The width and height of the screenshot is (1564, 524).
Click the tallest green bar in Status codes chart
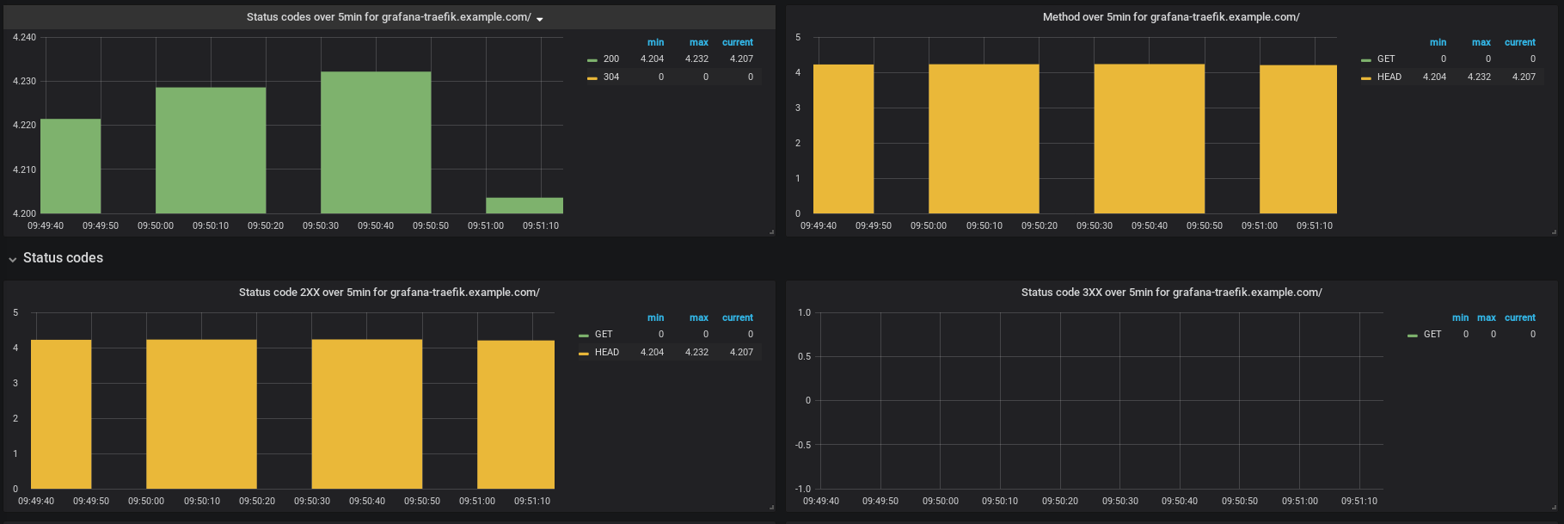(x=376, y=142)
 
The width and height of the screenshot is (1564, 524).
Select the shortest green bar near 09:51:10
(x=524, y=206)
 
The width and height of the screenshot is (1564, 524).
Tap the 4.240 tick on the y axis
(x=24, y=37)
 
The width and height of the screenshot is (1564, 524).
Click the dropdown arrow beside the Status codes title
(x=540, y=19)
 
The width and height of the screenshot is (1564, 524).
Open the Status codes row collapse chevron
(x=12, y=259)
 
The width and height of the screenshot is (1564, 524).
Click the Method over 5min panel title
(x=1171, y=17)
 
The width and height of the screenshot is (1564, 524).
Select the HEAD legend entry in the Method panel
(x=1381, y=77)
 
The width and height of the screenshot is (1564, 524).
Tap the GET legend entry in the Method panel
(x=1378, y=59)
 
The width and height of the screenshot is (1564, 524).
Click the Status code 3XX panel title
(x=1171, y=293)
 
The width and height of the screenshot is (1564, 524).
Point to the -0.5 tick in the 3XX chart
(x=804, y=445)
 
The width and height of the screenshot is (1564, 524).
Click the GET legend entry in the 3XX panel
(x=1425, y=334)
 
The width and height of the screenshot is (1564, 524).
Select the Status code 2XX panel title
(x=389, y=293)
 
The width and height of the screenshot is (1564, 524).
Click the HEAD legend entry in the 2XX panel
(x=598, y=352)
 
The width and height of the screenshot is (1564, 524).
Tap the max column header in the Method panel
(x=1481, y=42)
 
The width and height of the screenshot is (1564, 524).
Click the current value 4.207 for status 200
(x=741, y=59)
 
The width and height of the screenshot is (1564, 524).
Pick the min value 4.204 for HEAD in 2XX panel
(x=652, y=352)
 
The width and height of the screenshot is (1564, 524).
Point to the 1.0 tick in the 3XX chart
(x=804, y=312)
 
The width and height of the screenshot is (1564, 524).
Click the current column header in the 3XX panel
(x=1519, y=317)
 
